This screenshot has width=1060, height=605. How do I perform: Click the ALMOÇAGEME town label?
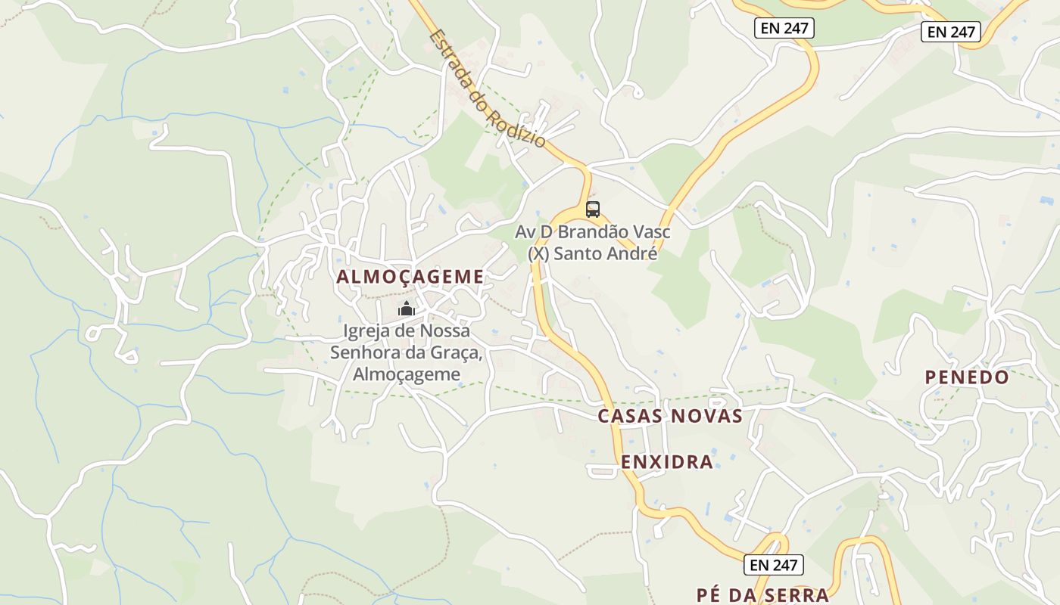(x=410, y=277)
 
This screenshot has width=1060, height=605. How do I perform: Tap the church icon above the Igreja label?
(x=407, y=309)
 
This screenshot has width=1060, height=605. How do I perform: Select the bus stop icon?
(x=593, y=209)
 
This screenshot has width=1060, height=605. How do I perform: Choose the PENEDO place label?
(x=967, y=377)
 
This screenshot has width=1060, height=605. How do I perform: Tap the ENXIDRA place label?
(x=667, y=462)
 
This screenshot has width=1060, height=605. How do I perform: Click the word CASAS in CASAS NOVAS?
(x=630, y=416)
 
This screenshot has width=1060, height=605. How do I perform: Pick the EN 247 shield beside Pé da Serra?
(x=773, y=564)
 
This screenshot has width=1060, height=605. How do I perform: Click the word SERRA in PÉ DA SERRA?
(x=797, y=595)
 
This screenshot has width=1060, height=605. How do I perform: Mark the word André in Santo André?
(x=632, y=253)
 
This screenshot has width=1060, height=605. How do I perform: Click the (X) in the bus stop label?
(x=538, y=253)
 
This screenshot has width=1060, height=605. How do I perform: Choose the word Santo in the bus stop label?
(x=578, y=253)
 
